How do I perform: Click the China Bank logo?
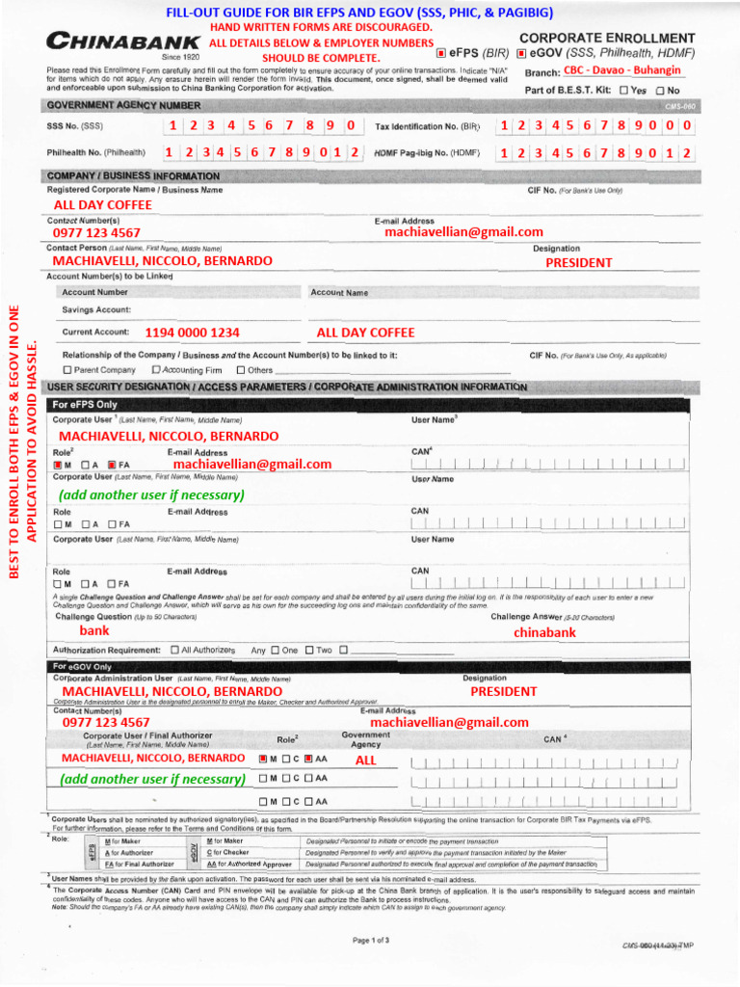(x=123, y=42)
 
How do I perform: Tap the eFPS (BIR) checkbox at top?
(x=441, y=54)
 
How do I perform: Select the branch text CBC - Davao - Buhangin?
(x=622, y=70)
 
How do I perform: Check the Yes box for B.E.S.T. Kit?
(x=624, y=90)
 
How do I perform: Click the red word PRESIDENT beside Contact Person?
(x=578, y=262)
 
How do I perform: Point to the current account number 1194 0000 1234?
(x=192, y=333)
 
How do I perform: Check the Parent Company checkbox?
(x=67, y=370)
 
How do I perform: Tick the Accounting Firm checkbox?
(x=155, y=370)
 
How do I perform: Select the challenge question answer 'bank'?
(x=94, y=630)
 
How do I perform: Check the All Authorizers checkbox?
(x=174, y=650)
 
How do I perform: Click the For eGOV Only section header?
(x=83, y=666)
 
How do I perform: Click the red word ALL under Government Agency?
(x=366, y=760)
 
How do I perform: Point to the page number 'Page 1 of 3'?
(x=371, y=940)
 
